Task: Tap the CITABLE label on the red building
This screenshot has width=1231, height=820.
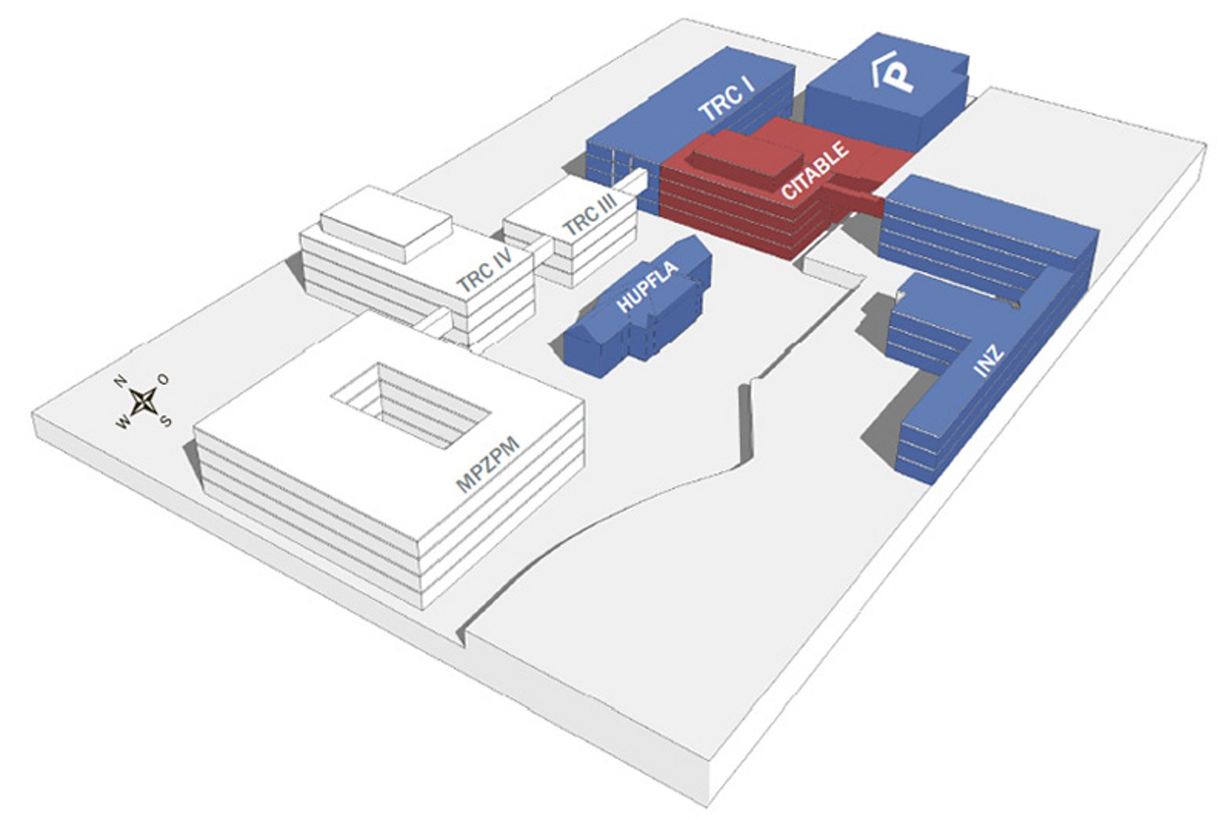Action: coord(815,170)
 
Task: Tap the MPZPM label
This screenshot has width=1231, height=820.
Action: coord(488,465)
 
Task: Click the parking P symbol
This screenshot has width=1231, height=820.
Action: coord(894,74)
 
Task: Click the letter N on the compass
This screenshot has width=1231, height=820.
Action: coord(121,382)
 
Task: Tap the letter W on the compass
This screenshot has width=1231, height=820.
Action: coord(123,423)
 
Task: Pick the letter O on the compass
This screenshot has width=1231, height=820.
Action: coord(163,379)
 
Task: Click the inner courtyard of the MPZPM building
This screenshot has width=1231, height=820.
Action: coord(410,405)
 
